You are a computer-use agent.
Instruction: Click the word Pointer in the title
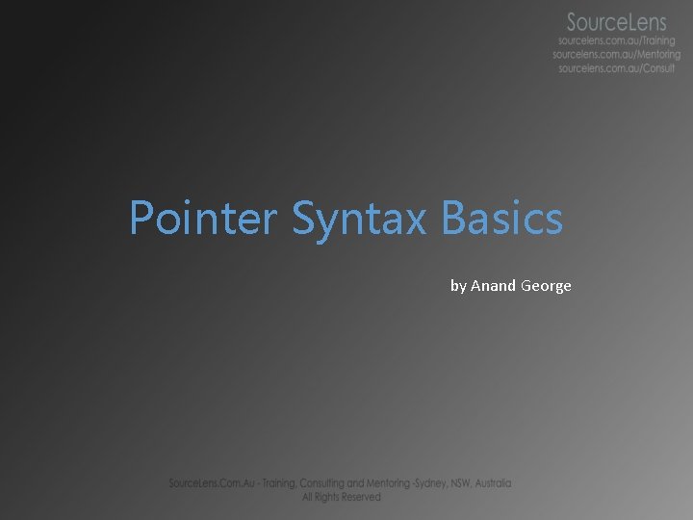[x=202, y=219]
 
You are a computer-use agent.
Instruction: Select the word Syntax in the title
[x=358, y=221]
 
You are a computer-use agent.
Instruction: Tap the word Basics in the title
[x=501, y=219]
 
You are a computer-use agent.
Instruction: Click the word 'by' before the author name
[x=458, y=286]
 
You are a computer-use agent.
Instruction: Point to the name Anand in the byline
[x=493, y=286]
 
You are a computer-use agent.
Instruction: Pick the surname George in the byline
[x=546, y=286]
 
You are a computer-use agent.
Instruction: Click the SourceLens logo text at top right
[x=616, y=21]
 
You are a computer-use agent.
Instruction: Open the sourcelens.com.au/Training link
[x=617, y=41]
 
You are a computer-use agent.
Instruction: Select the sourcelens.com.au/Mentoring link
[x=616, y=55]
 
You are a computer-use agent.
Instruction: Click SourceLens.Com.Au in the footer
[x=208, y=483]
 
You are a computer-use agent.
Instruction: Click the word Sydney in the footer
[x=446, y=483]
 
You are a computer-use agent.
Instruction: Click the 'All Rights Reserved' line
[x=341, y=497]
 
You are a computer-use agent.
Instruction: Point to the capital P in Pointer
[x=141, y=219]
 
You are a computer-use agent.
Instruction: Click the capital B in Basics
[x=453, y=219]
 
